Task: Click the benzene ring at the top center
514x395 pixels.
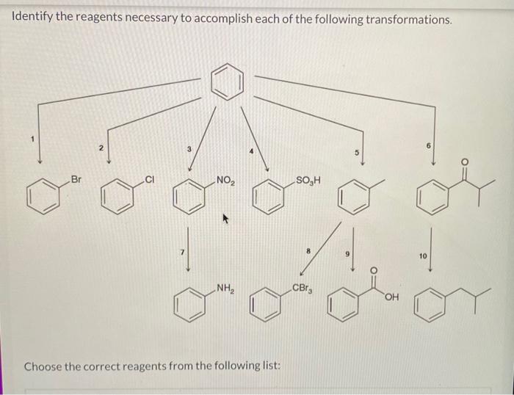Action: (227, 82)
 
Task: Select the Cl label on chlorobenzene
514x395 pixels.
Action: (150, 178)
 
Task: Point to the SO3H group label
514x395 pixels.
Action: (308, 180)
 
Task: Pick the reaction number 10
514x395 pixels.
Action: (423, 256)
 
